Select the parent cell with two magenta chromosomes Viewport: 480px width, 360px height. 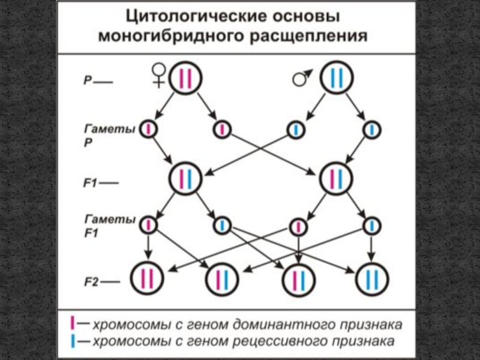point(185,78)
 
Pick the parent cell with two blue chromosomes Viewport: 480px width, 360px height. point(337,77)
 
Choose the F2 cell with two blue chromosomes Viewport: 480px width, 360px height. point(373,278)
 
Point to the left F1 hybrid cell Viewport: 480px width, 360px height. point(185,178)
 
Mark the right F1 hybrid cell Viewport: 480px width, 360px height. point(337,178)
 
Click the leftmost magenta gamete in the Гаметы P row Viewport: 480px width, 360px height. point(148,129)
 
